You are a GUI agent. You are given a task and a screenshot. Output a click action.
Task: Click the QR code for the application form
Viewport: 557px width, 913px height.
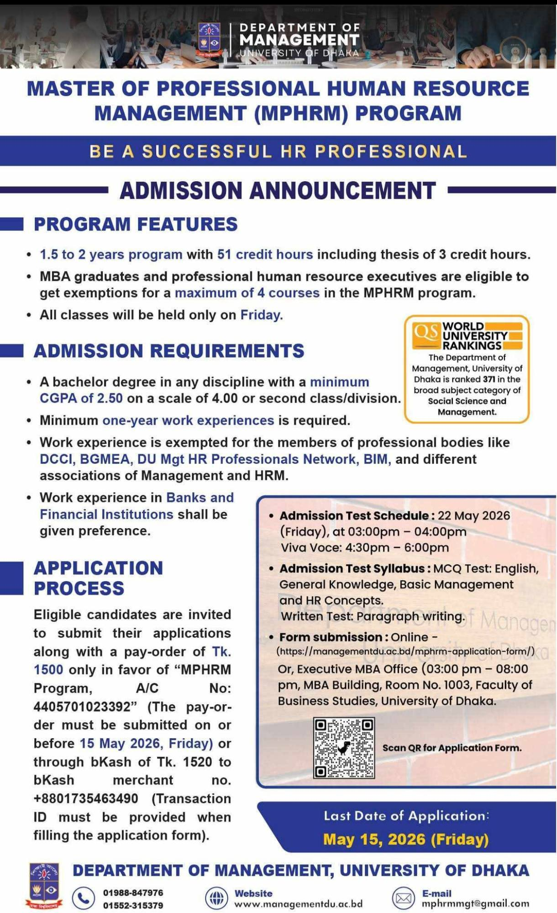point(344,748)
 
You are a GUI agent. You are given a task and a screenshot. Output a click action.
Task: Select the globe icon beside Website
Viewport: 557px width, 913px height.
point(216,898)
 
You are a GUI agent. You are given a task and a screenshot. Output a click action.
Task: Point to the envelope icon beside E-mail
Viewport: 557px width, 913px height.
point(403,898)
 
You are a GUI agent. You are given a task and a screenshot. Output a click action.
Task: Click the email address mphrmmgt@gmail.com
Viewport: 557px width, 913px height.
point(475,903)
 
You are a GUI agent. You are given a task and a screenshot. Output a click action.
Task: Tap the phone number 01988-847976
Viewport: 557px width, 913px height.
point(133,892)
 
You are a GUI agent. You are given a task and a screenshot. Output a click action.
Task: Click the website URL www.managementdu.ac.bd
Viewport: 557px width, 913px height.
point(298,904)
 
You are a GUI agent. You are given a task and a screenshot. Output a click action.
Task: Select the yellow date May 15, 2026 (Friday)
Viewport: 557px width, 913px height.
point(405,839)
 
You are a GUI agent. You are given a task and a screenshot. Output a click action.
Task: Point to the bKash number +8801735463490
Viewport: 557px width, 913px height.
point(86,798)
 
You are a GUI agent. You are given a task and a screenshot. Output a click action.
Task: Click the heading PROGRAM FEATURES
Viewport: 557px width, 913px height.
point(136,224)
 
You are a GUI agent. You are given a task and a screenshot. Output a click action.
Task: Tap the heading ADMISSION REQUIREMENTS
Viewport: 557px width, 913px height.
point(169,351)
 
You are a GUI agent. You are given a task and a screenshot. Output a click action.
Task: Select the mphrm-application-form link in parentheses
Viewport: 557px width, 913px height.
point(405,651)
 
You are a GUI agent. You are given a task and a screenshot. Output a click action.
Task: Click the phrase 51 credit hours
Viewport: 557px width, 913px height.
point(265,254)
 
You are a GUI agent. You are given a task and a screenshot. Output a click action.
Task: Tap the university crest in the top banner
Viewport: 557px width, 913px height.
point(209,40)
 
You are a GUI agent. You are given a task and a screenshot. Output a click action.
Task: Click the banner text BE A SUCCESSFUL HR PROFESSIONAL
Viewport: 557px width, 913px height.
point(278,151)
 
